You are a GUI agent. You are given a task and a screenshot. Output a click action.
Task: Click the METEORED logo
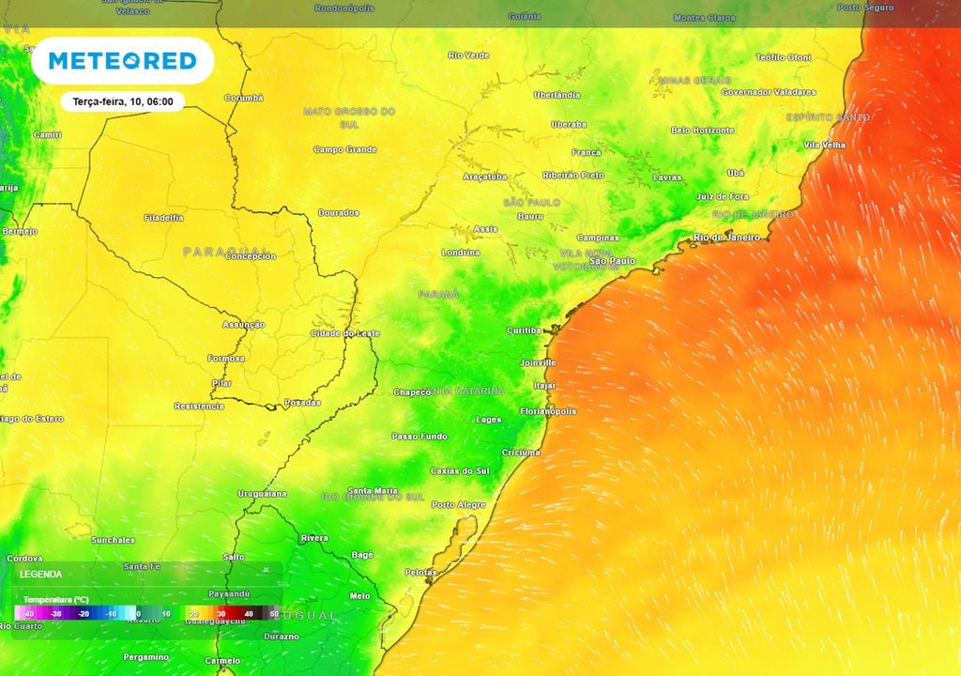coord(122,61)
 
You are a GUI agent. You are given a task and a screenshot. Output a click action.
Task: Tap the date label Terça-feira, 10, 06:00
coord(123,101)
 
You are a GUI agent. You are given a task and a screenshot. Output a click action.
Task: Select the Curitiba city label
coord(525,330)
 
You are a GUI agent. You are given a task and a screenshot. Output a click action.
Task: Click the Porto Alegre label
coord(458,505)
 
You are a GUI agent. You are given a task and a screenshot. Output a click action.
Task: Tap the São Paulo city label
coord(612,260)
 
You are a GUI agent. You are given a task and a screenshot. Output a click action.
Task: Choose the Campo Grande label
coord(344,149)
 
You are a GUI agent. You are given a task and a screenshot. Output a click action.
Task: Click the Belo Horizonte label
coord(703,130)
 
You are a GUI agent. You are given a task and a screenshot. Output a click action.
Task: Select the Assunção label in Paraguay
coord(243,325)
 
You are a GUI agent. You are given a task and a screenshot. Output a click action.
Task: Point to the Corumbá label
coord(244,98)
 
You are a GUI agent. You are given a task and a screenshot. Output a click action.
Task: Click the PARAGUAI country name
coord(226,252)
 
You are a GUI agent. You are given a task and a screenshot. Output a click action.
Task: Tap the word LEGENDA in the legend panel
coord(41,574)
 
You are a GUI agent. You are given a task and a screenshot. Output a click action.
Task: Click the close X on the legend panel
coord(266,570)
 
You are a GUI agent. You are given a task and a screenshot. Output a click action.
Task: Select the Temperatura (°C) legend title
coord(56,599)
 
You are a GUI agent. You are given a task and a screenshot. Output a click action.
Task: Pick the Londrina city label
coord(460,253)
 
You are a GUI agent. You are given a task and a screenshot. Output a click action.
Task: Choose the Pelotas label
coord(420,572)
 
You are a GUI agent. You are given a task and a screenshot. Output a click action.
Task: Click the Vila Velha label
coord(824,145)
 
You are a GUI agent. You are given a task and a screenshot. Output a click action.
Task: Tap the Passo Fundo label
coord(419,437)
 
